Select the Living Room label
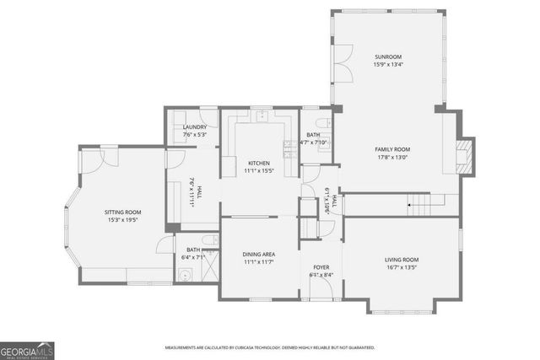(x=402, y=260)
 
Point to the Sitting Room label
(x=122, y=212)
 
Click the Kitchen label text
(x=258, y=163)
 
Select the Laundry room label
(x=194, y=127)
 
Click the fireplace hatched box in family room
(x=464, y=155)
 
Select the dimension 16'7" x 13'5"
(x=402, y=267)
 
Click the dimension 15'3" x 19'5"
(x=122, y=220)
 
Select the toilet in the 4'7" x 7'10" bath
(x=330, y=126)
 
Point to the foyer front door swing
(x=321, y=289)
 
